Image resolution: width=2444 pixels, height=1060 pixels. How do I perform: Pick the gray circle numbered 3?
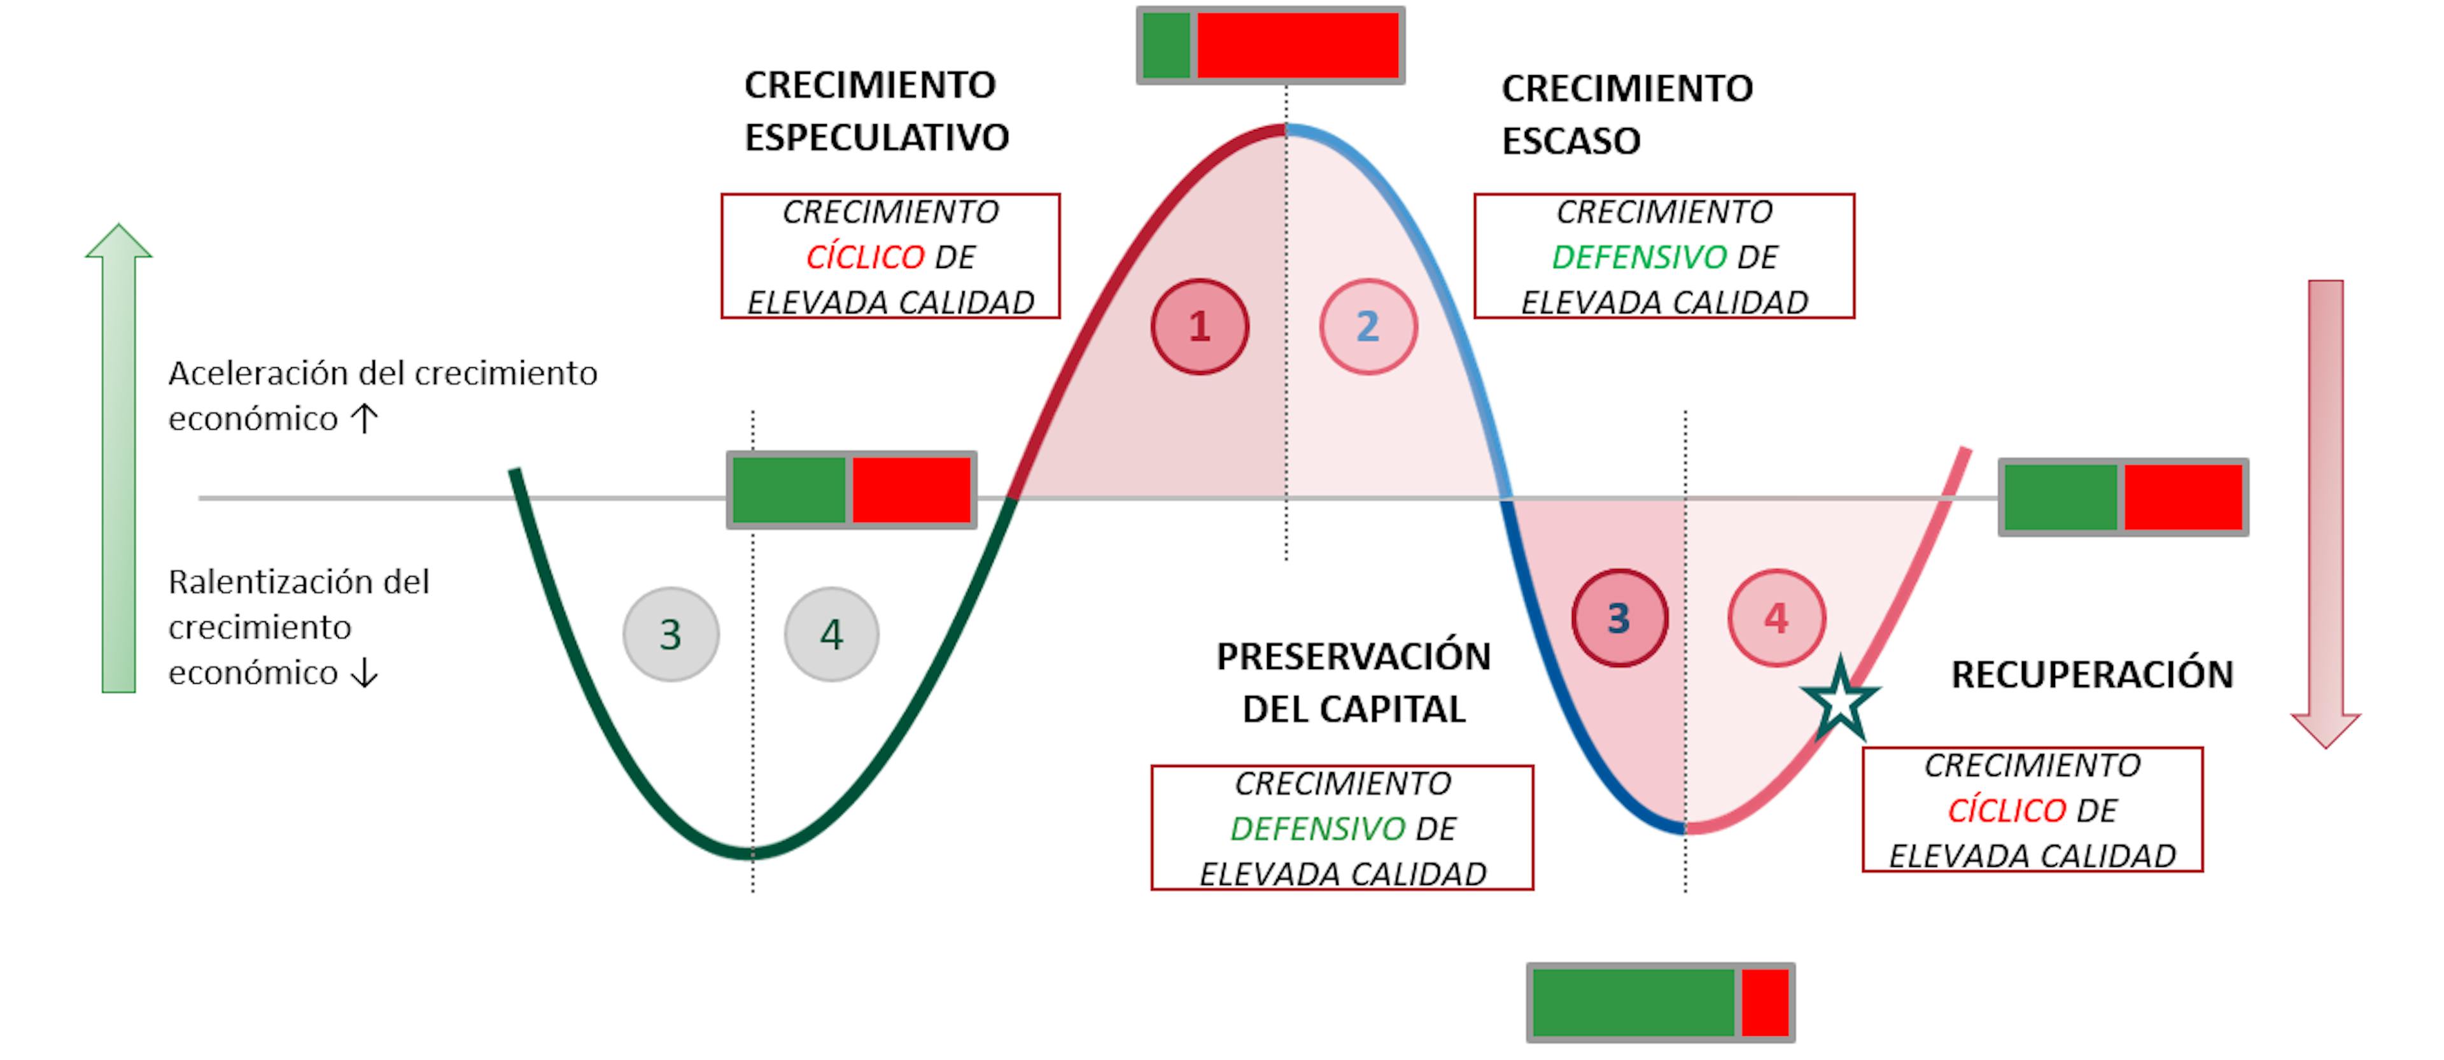pyautogui.click(x=671, y=634)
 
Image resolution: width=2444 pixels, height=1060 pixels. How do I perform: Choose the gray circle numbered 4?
pyautogui.click(x=831, y=634)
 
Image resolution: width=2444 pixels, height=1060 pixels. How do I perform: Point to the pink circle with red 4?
pyautogui.click(x=1776, y=618)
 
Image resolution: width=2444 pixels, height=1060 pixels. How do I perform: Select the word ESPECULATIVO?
pyautogui.click(x=876, y=138)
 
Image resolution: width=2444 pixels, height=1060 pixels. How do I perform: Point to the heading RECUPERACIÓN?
pyautogui.click(x=2092, y=675)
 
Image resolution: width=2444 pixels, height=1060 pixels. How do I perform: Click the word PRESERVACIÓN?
pyautogui.click(x=1354, y=656)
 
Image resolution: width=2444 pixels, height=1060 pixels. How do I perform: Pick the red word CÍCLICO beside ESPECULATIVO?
pyautogui.click(x=864, y=256)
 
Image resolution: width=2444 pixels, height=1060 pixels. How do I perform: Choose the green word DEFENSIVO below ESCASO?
pyautogui.click(x=1638, y=256)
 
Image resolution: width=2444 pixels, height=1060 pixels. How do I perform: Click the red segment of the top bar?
pyautogui.click(x=1297, y=45)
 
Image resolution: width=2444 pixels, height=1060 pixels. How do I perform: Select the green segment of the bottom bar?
pyautogui.click(x=1633, y=1002)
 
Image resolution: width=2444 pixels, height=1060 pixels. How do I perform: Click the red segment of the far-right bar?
pyautogui.click(x=2182, y=497)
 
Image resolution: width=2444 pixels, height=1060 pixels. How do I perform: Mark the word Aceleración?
pyautogui.click(x=257, y=374)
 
